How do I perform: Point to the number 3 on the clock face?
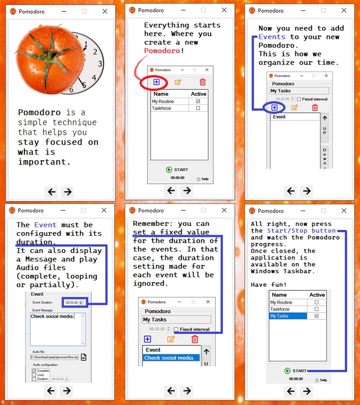click(x=100, y=64)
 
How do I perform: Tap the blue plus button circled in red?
click(x=156, y=82)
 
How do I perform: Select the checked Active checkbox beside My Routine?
click(x=197, y=101)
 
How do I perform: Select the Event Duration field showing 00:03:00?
click(x=74, y=303)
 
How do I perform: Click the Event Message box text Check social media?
click(x=52, y=316)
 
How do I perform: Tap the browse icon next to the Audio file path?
click(x=84, y=357)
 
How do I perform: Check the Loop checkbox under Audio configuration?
click(x=34, y=375)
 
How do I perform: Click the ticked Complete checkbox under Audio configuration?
click(x=34, y=371)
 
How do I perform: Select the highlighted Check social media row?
click(x=171, y=358)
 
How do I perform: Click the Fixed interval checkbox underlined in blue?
click(x=176, y=329)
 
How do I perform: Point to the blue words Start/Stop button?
click(x=301, y=231)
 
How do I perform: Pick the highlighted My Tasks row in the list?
click(x=288, y=316)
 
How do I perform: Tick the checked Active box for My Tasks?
click(x=316, y=316)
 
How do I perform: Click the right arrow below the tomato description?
click(x=67, y=192)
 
